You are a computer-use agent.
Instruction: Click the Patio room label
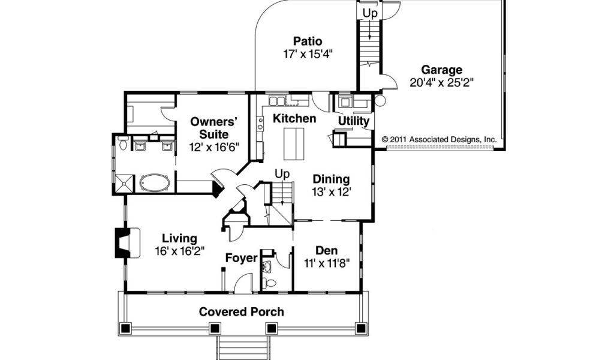click(x=308, y=41)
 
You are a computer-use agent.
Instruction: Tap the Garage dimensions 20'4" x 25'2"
click(x=442, y=83)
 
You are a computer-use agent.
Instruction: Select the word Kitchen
click(x=294, y=118)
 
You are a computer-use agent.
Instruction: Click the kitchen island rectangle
click(x=294, y=143)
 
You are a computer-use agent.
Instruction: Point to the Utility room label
click(x=354, y=121)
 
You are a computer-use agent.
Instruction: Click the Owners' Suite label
click(x=214, y=128)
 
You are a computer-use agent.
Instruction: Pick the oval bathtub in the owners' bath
click(x=155, y=183)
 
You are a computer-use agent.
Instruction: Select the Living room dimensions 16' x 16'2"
click(x=180, y=251)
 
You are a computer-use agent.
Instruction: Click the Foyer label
click(x=242, y=258)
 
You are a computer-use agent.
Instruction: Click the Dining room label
click(x=331, y=179)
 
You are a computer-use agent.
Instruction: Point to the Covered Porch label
click(x=241, y=312)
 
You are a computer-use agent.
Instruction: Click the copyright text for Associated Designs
click(x=440, y=139)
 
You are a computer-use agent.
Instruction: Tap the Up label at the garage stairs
click(x=369, y=13)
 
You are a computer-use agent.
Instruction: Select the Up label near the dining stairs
click(x=282, y=173)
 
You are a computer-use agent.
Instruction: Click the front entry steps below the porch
click(x=243, y=347)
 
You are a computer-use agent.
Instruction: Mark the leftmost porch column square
click(x=125, y=328)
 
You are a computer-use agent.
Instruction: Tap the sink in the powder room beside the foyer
click(x=267, y=268)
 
